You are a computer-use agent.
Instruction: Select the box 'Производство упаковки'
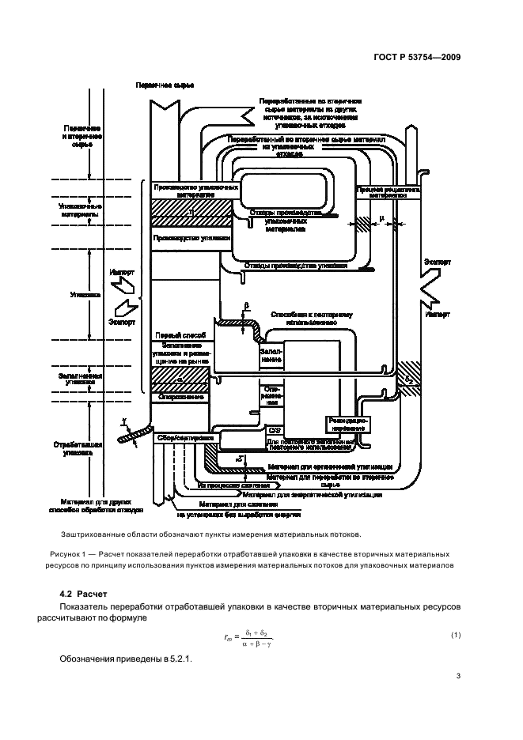click(192, 237)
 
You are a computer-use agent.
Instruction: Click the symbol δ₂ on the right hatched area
click(409, 380)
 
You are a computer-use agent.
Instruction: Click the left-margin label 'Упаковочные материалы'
click(78, 210)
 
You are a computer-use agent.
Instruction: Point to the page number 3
click(458, 675)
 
